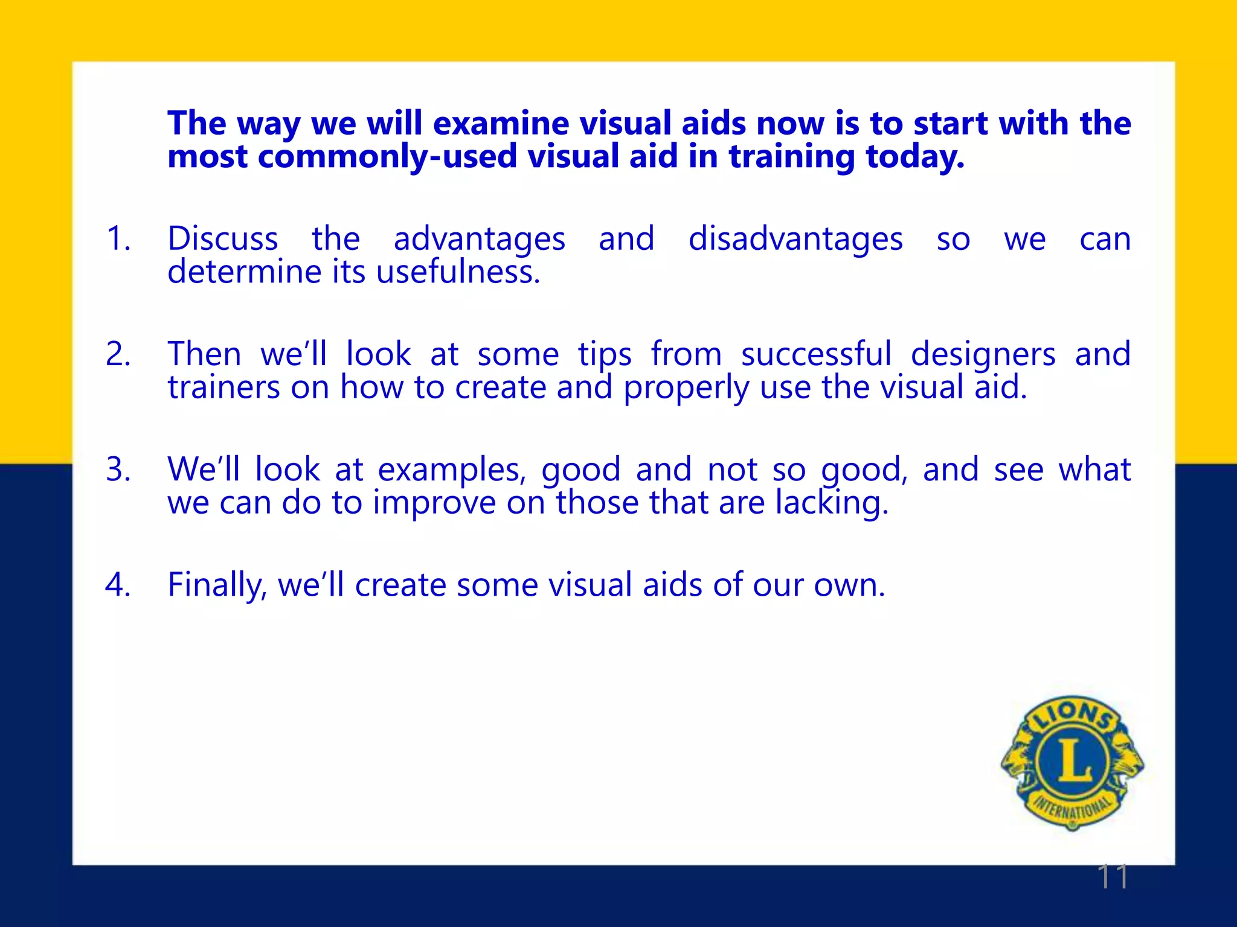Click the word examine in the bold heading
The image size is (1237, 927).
tap(501, 124)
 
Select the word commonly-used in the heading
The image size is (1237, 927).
tap(387, 157)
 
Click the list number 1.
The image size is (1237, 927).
tap(118, 238)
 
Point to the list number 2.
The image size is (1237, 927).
tap(118, 354)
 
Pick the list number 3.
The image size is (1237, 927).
tap(118, 470)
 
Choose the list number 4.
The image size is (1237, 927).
tap(118, 585)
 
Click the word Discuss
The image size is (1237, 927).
tap(223, 238)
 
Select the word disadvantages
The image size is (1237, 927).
tap(795, 240)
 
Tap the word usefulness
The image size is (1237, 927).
tap(458, 272)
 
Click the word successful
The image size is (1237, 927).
tap(816, 354)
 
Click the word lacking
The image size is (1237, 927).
tap(832, 503)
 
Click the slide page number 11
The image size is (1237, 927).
tap(1112, 876)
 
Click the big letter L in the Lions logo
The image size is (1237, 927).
tap(1073, 761)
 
